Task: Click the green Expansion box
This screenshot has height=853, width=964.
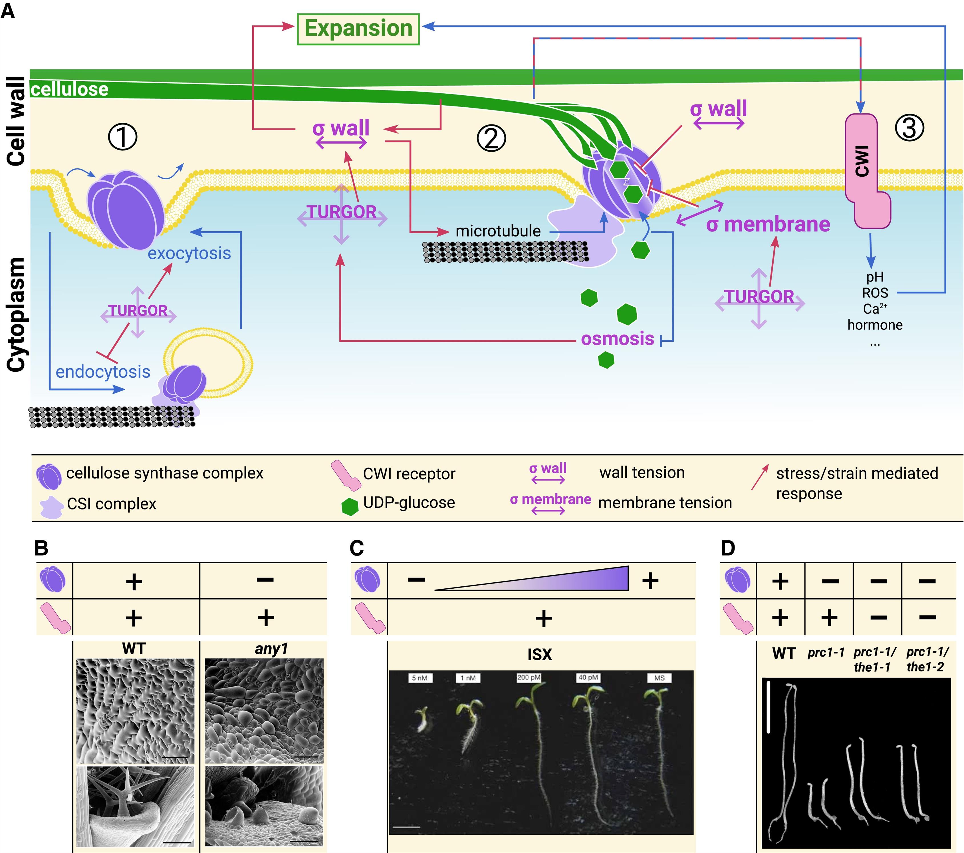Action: pyautogui.click(x=358, y=29)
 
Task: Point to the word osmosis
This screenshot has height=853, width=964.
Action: pyautogui.click(x=617, y=339)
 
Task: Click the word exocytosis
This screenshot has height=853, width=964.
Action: pyautogui.click(x=189, y=253)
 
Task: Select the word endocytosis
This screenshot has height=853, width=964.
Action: pyautogui.click(x=103, y=372)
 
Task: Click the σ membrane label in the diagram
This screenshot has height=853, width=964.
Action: pyautogui.click(x=768, y=225)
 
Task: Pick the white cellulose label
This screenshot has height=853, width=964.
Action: pyautogui.click(x=70, y=89)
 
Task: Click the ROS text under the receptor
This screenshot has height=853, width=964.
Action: pyautogui.click(x=875, y=293)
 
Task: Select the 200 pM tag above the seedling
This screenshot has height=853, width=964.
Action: pyautogui.click(x=529, y=677)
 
